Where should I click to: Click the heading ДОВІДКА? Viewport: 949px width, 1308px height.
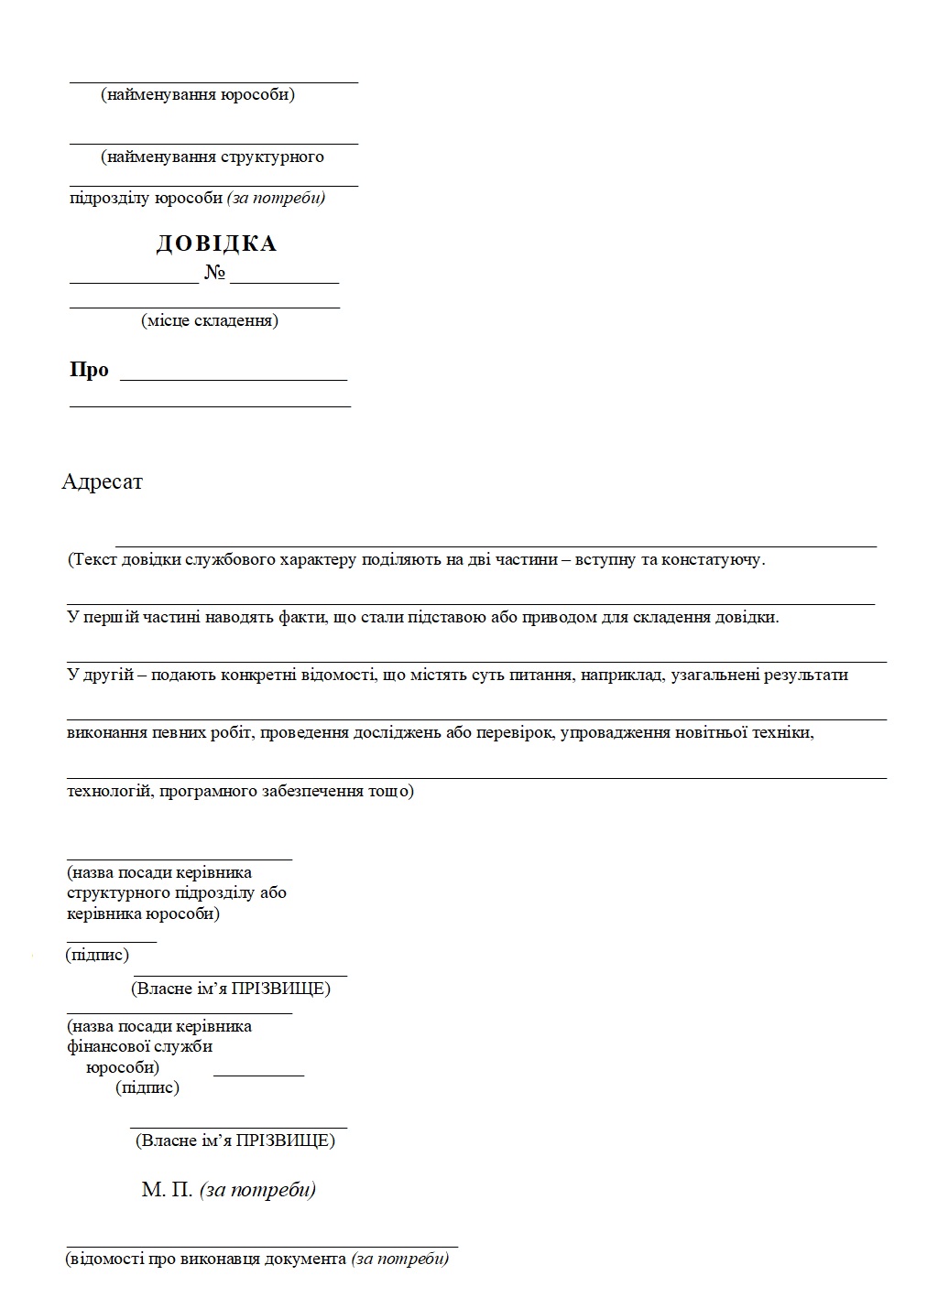pos(216,243)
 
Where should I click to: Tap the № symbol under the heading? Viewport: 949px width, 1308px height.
pos(214,273)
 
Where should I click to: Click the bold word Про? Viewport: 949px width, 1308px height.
pos(89,370)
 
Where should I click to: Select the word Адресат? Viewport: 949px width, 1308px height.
pos(102,481)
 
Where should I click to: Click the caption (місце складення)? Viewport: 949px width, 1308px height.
pos(210,320)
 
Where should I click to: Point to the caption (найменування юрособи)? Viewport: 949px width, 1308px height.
pos(198,94)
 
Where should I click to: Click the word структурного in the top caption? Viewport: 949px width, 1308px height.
pos(272,157)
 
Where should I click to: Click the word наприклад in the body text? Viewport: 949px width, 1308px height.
pos(627,675)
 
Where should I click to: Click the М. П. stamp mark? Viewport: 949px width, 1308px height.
pos(167,1190)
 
